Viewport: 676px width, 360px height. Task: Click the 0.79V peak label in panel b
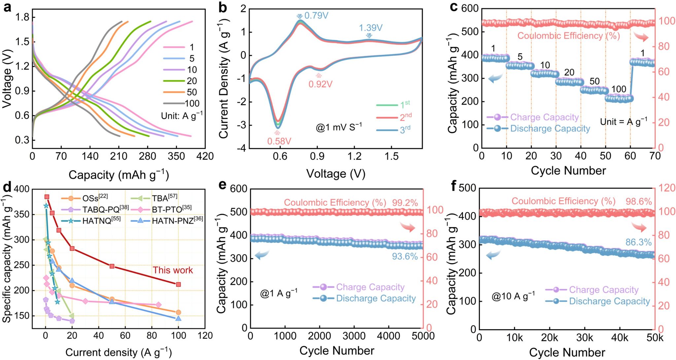pos(316,16)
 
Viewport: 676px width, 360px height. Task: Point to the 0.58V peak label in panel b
pos(279,141)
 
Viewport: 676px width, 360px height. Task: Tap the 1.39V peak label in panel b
pos(371,28)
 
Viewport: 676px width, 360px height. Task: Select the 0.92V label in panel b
pos(320,84)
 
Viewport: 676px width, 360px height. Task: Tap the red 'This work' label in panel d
pos(173,270)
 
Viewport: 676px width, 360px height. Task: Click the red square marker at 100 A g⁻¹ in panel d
pos(179,284)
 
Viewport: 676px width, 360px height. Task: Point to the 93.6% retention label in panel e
pos(405,256)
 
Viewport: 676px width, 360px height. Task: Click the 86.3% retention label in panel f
pos(638,242)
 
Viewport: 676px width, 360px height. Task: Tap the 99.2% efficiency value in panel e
pos(405,202)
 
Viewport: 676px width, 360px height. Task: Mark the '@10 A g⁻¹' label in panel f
pos(513,296)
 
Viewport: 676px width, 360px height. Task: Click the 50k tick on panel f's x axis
pos(655,338)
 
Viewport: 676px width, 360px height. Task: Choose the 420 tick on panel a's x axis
pos(205,156)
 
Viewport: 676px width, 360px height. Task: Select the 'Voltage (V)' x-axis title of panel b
pos(336,174)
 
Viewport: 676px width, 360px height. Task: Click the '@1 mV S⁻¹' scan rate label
pos(339,127)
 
